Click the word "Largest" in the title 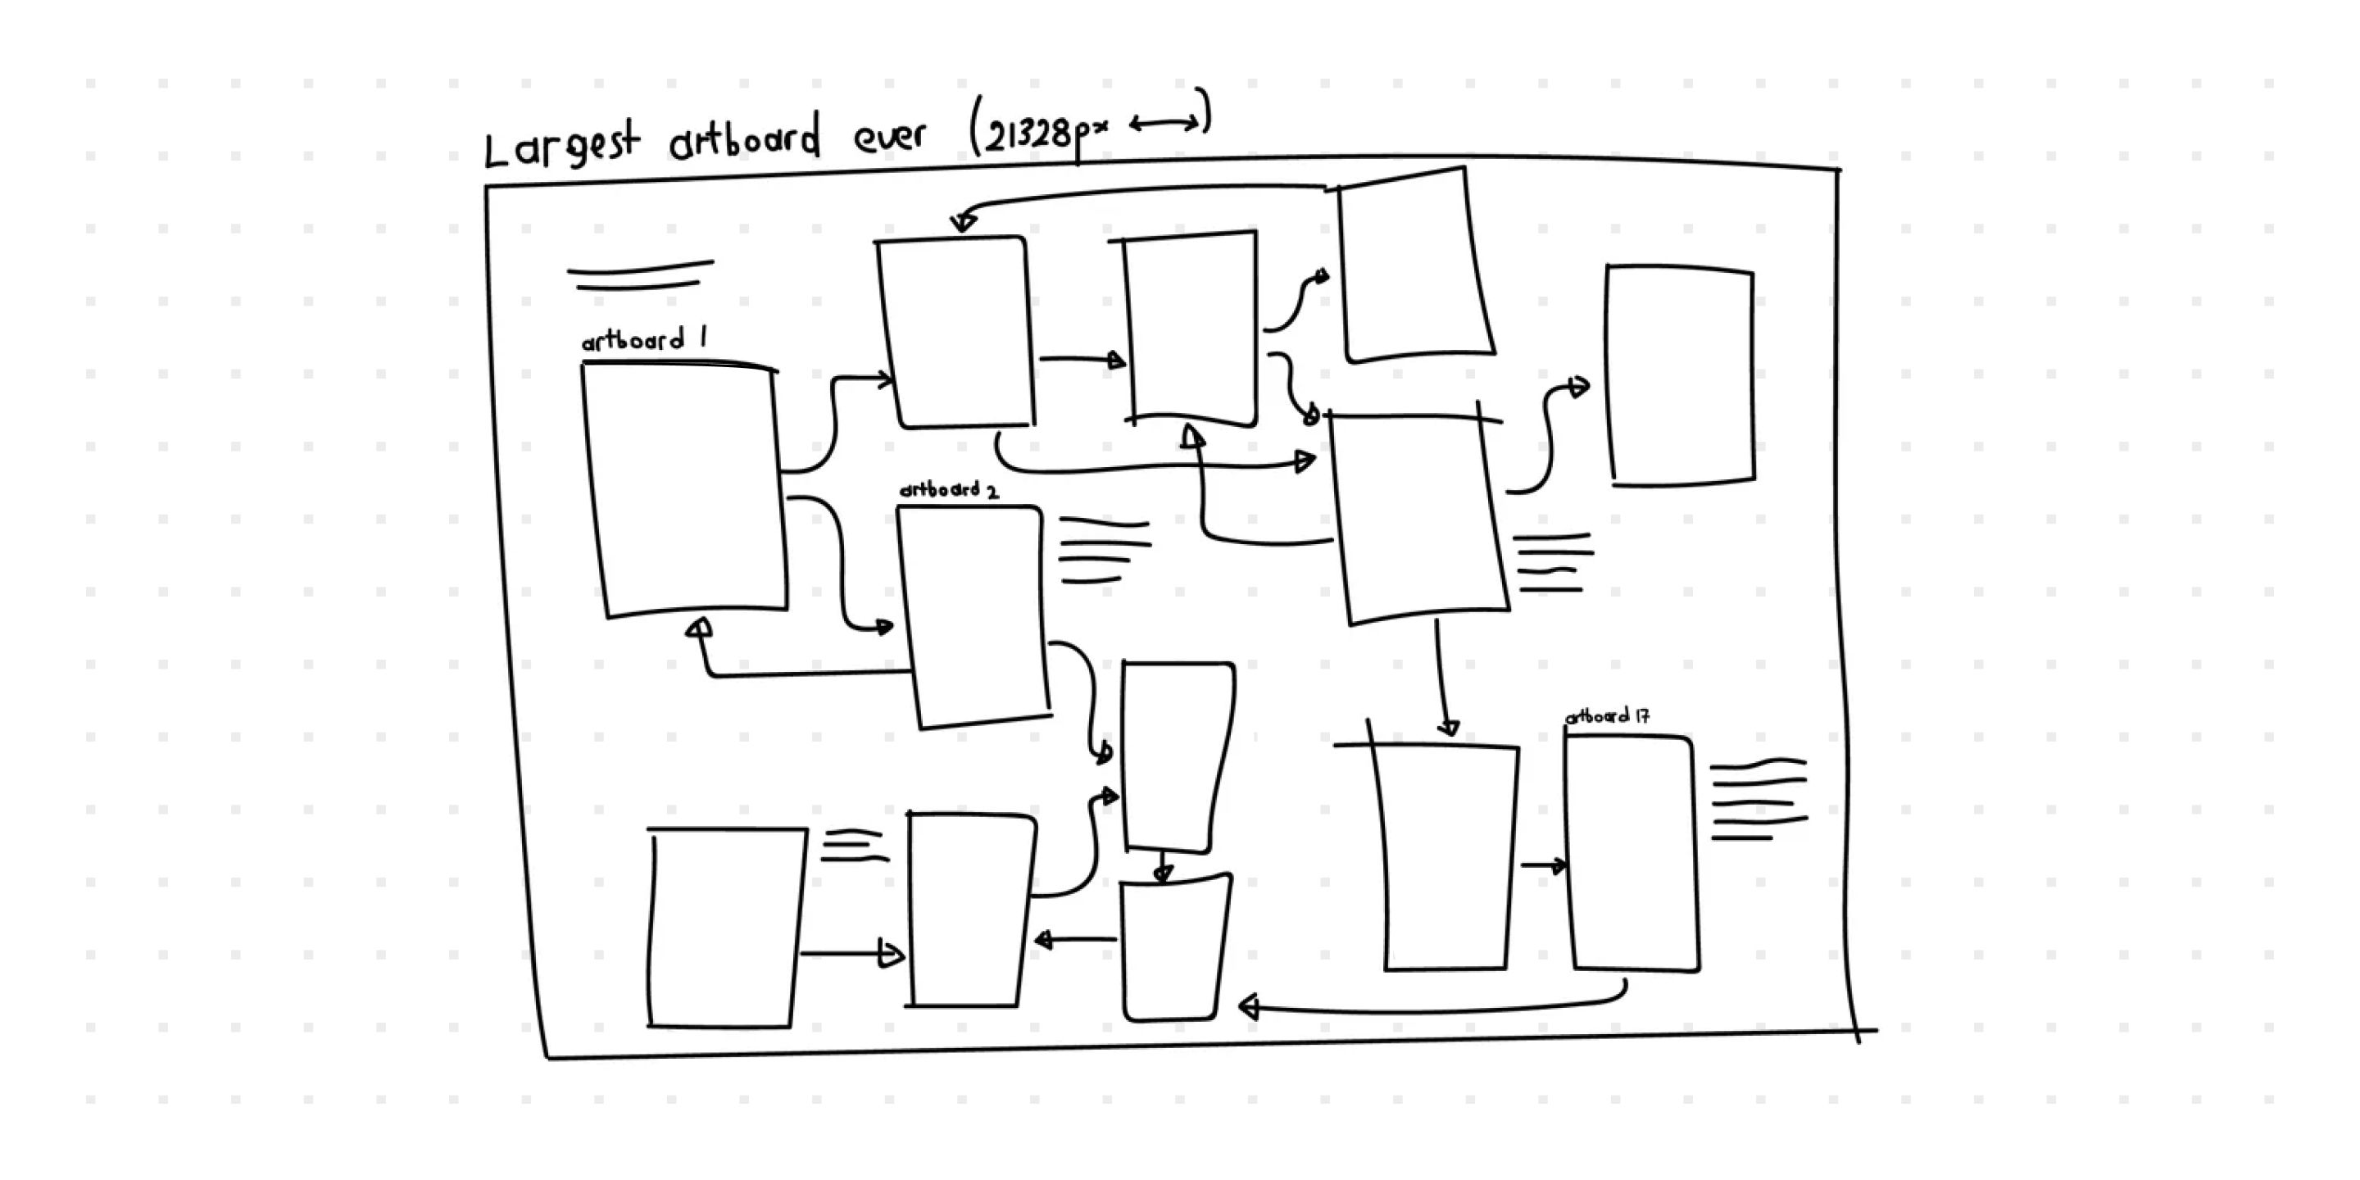click(560, 147)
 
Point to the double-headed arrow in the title click(1164, 123)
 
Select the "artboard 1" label click(644, 341)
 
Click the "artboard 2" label click(949, 490)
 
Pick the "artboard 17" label click(1608, 716)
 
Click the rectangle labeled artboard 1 click(685, 490)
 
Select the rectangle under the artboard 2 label click(973, 615)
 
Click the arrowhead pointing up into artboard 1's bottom click(700, 628)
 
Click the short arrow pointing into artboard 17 click(1544, 865)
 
